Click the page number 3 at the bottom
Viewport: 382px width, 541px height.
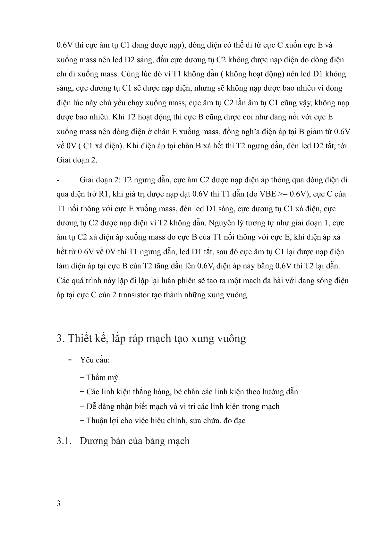58,503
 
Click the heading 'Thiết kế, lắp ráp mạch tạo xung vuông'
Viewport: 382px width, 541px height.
157,338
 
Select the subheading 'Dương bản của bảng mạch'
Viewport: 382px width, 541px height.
134,441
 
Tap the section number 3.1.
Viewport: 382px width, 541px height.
64,441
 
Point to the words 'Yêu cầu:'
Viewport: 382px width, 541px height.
95,360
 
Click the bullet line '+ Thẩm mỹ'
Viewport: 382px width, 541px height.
99,378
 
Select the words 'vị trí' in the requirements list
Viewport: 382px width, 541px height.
187,406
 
